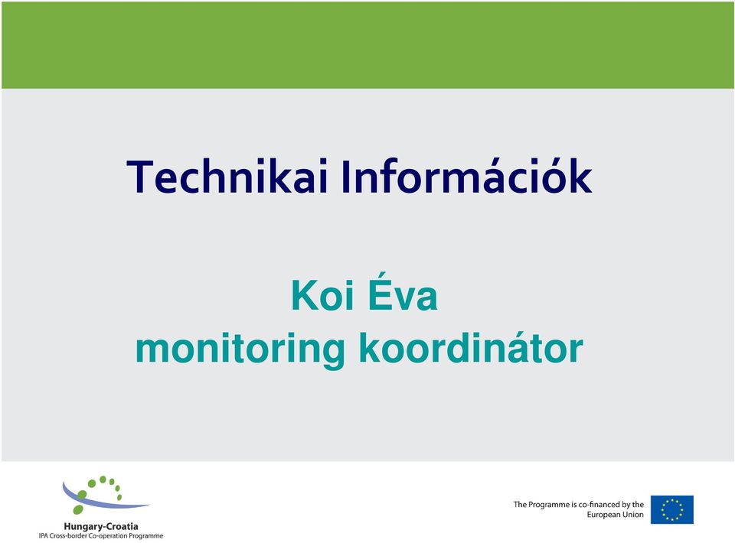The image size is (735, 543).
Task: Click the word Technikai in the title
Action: (x=227, y=177)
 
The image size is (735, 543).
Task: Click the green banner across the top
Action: (x=367, y=45)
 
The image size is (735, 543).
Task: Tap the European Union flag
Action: (x=671, y=509)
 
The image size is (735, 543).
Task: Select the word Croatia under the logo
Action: (x=120, y=526)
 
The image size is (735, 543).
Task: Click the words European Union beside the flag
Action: (x=615, y=515)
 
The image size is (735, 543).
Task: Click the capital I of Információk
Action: (x=345, y=177)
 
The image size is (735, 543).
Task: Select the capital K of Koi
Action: (x=305, y=295)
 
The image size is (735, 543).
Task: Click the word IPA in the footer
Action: (x=43, y=535)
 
